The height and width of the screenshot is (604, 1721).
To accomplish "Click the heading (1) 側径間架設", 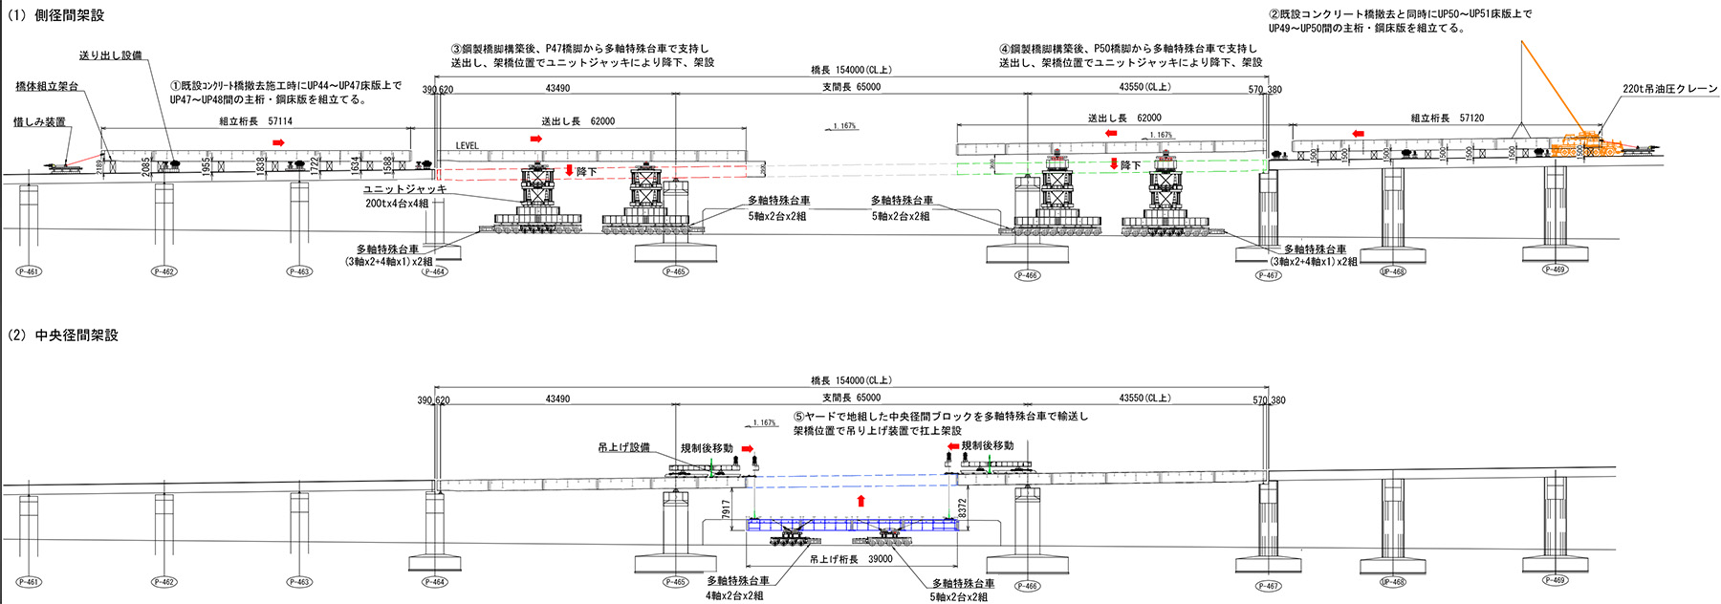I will click(x=55, y=15).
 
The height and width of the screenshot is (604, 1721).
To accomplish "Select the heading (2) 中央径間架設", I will click(x=63, y=335).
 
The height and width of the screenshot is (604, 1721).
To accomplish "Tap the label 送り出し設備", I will click(x=110, y=55).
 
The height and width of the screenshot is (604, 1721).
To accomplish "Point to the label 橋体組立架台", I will click(x=47, y=87).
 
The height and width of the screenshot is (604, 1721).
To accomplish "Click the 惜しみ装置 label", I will click(x=39, y=122).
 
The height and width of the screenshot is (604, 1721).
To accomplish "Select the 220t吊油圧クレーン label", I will click(x=1669, y=89).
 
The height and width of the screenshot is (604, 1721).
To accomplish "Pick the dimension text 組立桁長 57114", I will click(x=255, y=121).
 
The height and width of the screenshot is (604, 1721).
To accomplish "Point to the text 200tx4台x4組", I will click(x=397, y=204).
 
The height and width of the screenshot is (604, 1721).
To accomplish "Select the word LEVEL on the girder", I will click(x=467, y=146).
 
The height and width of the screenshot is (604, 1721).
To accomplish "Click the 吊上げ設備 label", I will click(x=623, y=447).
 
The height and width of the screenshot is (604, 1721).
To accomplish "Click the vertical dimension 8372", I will click(x=963, y=508).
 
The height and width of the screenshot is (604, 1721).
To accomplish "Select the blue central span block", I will click(x=851, y=525).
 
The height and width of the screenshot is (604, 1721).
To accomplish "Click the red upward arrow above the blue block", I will click(x=861, y=501).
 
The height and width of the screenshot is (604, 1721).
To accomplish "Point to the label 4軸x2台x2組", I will click(x=734, y=595).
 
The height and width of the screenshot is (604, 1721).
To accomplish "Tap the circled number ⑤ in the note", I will click(x=799, y=417).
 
